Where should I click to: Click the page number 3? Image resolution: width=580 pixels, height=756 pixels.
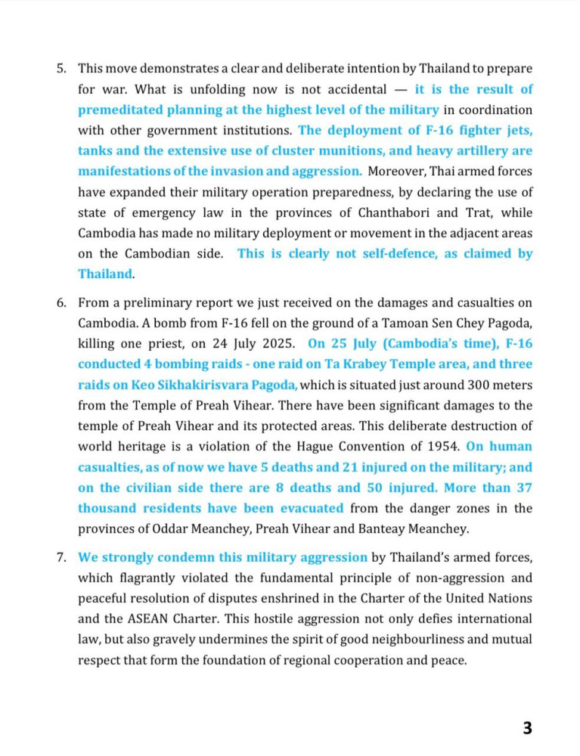coord(527,729)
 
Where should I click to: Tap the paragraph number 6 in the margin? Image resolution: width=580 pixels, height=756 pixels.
coord(61,303)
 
